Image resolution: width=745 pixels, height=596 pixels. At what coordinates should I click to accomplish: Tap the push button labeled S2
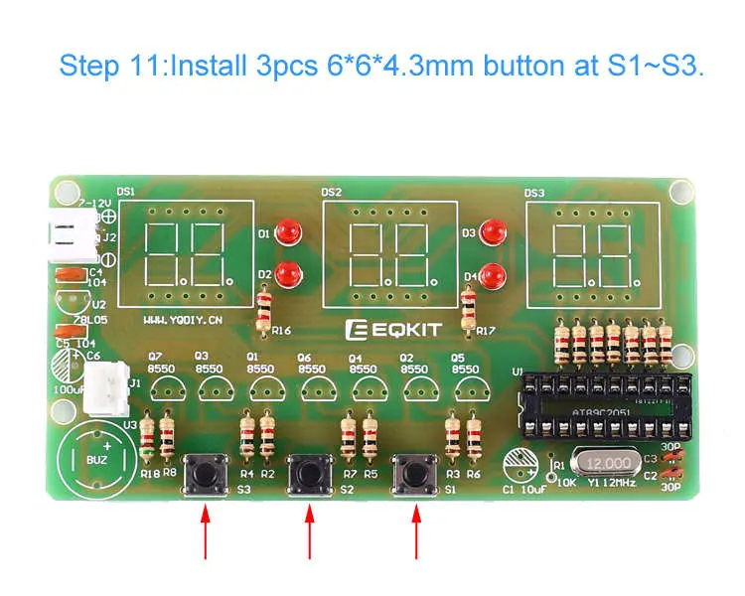click(310, 474)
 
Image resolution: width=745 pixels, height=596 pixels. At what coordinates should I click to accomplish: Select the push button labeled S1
click(415, 474)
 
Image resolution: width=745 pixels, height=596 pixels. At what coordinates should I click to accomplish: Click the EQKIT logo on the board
click(396, 329)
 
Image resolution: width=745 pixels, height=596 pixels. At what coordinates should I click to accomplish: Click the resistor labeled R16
click(264, 305)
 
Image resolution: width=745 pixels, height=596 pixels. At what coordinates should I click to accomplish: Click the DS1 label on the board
click(126, 191)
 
